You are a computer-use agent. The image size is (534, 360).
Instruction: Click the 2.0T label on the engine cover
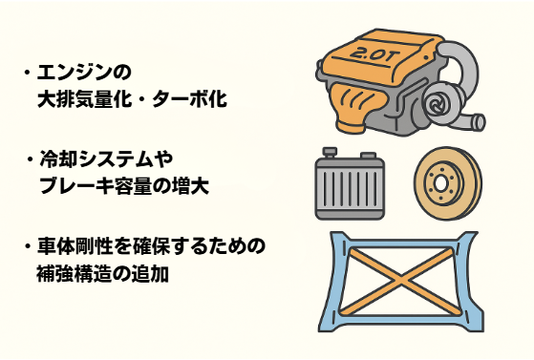pyautogui.click(x=373, y=54)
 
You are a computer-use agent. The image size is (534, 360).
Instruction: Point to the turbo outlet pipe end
pyautogui.click(x=480, y=122)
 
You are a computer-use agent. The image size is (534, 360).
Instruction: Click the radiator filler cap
pyautogui.click(x=330, y=152)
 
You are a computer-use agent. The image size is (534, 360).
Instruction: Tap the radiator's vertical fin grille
pyautogui.click(x=350, y=188)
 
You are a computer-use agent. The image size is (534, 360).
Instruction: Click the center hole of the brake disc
pyautogui.click(x=440, y=184)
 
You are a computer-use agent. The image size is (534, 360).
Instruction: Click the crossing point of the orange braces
pyautogui.click(x=401, y=281)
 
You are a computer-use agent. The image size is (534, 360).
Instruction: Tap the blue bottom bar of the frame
pyautogui.click(x=401, y=321)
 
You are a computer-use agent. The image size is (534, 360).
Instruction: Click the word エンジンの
pyautogui.click(x=84, y=73)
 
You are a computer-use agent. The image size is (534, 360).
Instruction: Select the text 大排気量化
pyautogui.click(x=84, y=99)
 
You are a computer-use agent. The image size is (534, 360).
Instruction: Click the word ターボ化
pyautogui.click(x=189, y=99)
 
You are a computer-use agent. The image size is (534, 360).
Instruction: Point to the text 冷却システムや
pyautogui.click(x=107, y=159)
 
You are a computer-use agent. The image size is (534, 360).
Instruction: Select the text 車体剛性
pyautogui.click(x=75, y=246)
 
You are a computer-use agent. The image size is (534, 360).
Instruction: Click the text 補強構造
pyautogui.click(x=75, y=273)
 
